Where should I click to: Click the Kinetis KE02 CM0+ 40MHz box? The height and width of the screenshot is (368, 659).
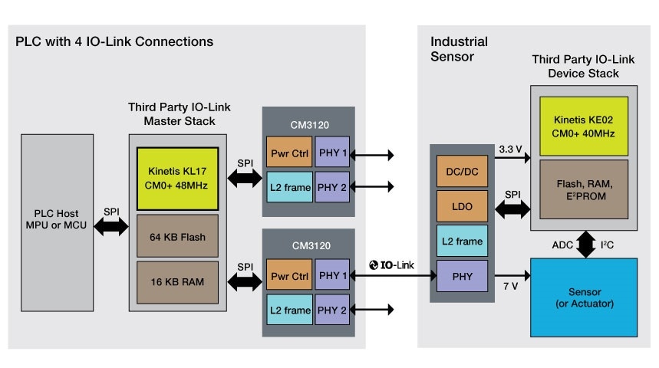pos(584,124)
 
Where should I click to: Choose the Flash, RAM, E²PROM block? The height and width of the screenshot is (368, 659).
pos(584,187)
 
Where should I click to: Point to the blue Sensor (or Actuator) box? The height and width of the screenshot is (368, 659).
pos(584,297)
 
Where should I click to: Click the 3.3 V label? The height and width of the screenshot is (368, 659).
pos(510,148)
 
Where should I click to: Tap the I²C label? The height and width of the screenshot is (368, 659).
pos(606,245)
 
